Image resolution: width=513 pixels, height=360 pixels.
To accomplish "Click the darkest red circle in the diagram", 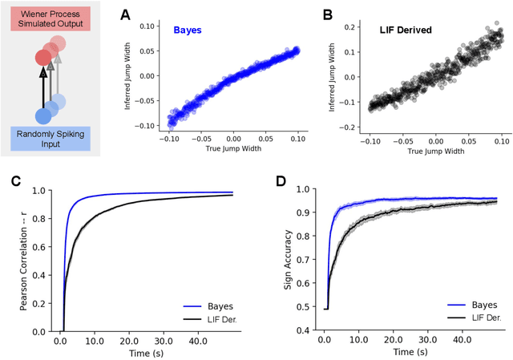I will coord(43,59).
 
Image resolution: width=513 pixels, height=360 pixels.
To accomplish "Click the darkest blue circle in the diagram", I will coord(43,115).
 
